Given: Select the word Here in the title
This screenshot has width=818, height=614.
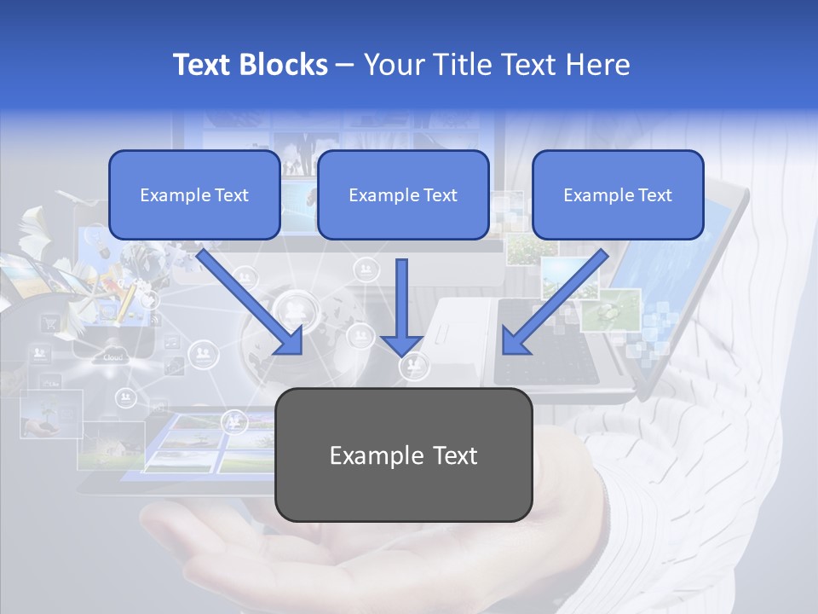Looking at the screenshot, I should (601, 65).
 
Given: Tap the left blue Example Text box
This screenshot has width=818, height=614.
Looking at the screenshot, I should (194, 195).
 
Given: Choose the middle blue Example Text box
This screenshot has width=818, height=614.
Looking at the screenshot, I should (403, 195).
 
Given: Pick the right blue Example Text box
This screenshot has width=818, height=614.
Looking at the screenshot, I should (618, 195).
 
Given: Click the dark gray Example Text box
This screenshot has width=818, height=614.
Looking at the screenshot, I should (404, 455).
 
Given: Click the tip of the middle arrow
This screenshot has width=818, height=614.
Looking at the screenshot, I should (402, 353).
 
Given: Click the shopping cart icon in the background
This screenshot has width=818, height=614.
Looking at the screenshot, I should (50, 322).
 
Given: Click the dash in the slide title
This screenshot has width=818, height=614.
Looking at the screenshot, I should (345, 65).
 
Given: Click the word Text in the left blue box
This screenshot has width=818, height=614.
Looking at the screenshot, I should (231, 195).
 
